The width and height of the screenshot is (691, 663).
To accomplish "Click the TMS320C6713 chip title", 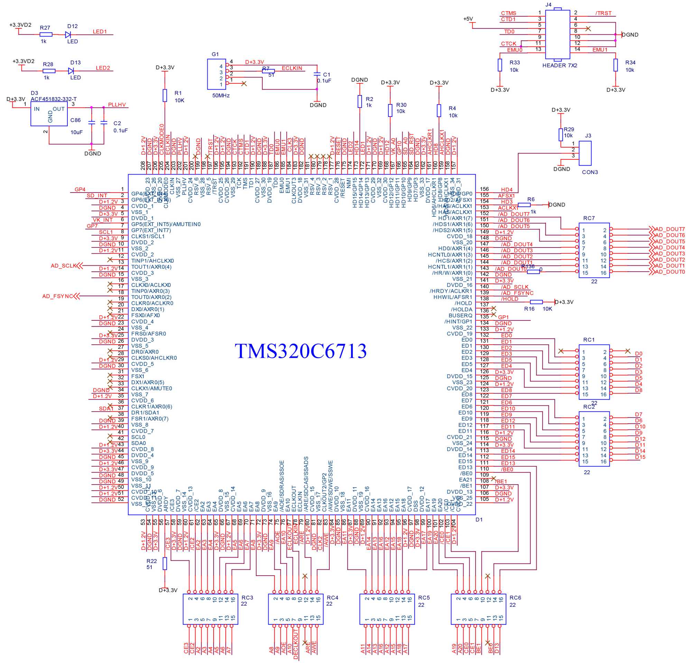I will (x=300, y=351).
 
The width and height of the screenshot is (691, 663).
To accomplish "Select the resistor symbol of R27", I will (x=46, y=35).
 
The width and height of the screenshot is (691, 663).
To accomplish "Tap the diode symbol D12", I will (x=68, y=35).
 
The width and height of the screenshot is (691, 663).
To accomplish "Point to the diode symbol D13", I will (x=71, y=71).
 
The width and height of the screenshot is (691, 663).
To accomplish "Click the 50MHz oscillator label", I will (x=221, y=95).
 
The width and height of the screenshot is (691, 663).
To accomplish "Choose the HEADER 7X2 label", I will (x=560, y=66).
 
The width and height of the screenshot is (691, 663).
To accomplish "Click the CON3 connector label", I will (x=590, y=172).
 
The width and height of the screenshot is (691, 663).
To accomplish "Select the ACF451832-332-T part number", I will (x=54, y=99).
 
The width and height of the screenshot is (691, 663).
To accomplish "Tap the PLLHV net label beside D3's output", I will (x=117, y=105).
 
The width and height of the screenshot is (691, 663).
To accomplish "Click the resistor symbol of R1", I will (x=165, y=95).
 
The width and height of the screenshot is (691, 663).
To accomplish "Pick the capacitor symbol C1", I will (x=317, y=74).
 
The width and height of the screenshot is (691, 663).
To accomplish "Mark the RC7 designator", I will (x=589, y=218).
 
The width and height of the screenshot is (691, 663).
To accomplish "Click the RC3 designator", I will (x=247, y=597).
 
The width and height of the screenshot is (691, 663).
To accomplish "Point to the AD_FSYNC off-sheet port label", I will (x=57, y=296).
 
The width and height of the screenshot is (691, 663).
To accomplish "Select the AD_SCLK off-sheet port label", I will (x=64, y=266).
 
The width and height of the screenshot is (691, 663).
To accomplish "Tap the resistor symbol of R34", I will (x=615, y=65).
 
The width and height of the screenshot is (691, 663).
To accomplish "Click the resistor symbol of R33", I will (x=499, y=65).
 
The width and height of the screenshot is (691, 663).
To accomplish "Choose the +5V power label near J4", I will (x=468, y=19).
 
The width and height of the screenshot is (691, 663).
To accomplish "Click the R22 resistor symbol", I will (x=165, y=563).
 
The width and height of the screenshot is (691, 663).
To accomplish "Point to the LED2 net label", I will (x=103, y=68).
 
